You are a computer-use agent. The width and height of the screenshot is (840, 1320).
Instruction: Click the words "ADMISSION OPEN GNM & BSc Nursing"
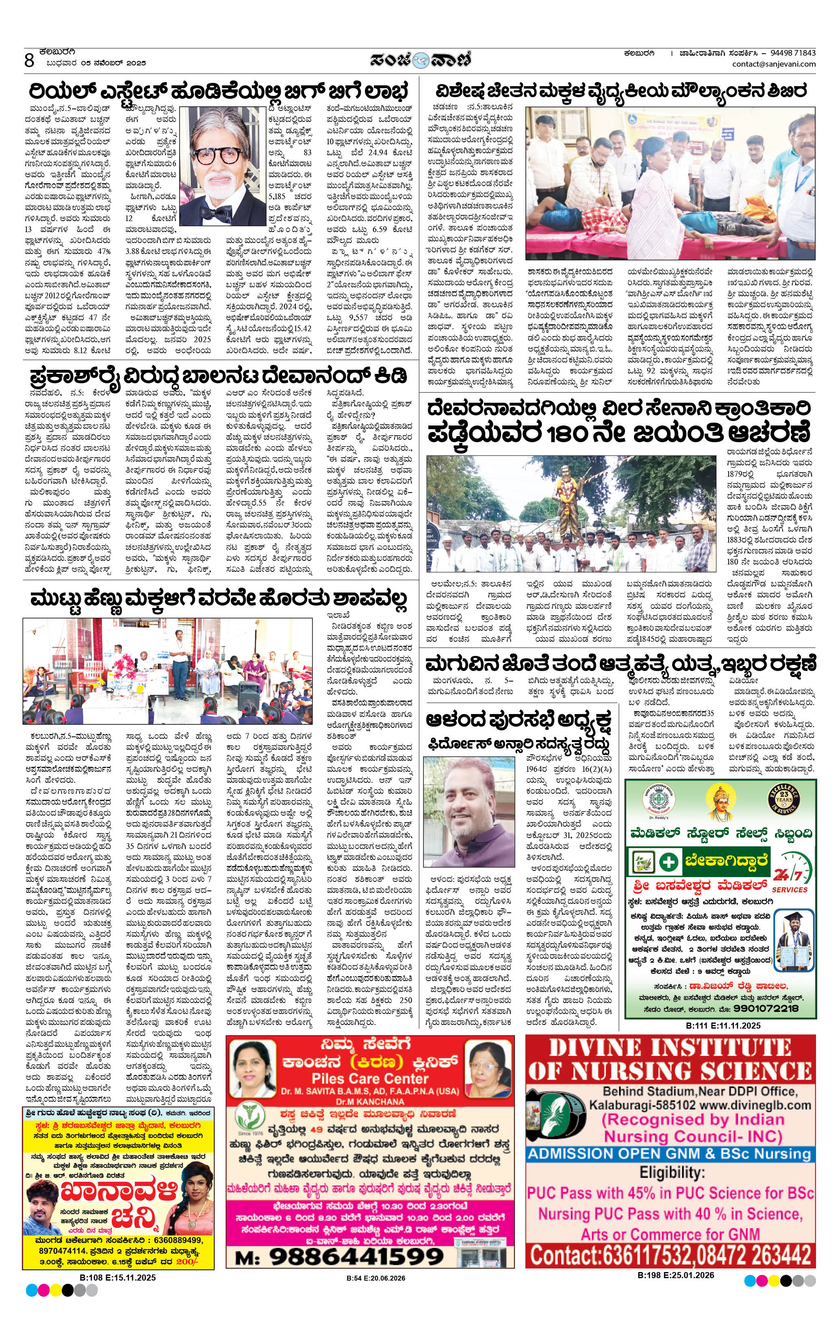[x=669, y=1153]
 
